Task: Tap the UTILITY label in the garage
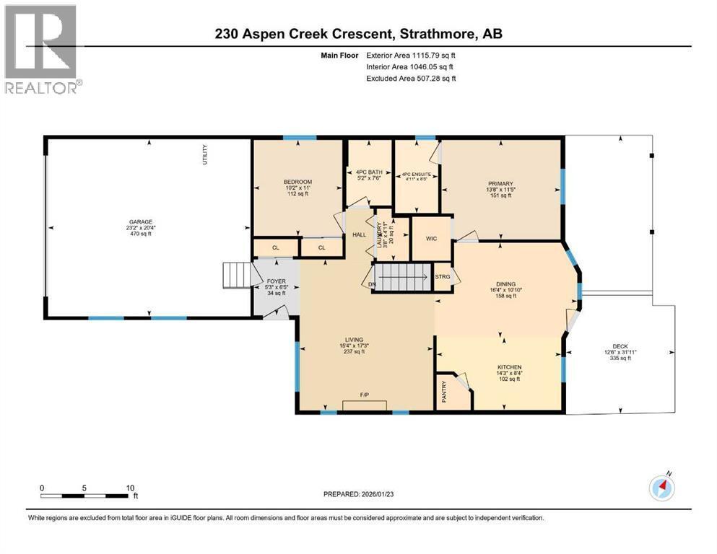(205, 156)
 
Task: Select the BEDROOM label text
(297, 181)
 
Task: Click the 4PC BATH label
(369, 172)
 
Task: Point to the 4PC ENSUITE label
(416, 174)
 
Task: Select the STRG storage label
(443, 276)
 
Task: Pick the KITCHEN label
(509, 367)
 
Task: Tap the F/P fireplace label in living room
(365, 395)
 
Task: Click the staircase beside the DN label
(400, 276)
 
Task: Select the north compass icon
(661, 488)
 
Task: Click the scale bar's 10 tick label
(131, 488)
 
